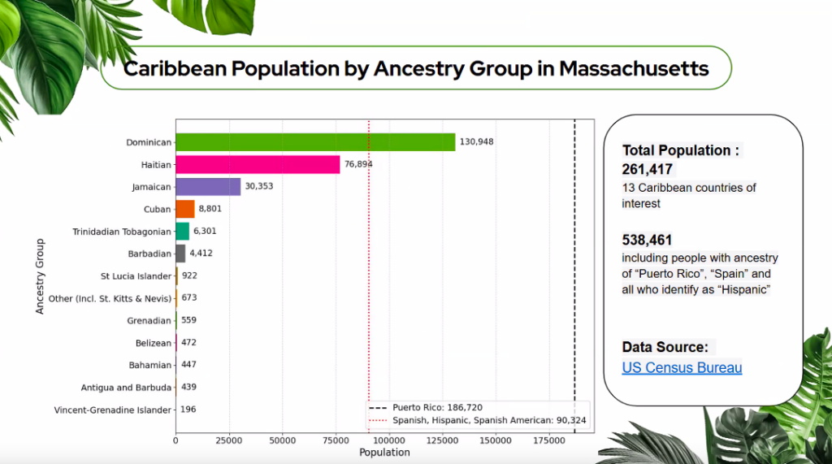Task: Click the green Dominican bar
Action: coord(315,142)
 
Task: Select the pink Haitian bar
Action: coord(258,165)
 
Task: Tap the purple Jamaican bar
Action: coord(208,187)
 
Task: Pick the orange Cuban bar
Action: coord(185,209)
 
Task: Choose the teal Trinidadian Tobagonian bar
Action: coord(183,232)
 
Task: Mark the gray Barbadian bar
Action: coord(180,254)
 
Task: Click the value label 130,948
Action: coord(476,141)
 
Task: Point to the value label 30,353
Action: coord(259,186)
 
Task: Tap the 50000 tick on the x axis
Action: coord(282,440)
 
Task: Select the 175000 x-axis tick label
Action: coord(549,440)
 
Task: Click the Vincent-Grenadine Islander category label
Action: coord(112,410)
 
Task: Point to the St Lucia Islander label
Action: coord(136,276)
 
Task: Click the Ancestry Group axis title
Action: coord(40,276)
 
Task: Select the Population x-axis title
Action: coord(384,453)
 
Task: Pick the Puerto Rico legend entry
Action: coord(426,408)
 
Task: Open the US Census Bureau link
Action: coord(682,368)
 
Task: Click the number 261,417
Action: coord(648,169)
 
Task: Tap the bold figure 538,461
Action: coord(647,240)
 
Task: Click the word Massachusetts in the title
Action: coord(634,68)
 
